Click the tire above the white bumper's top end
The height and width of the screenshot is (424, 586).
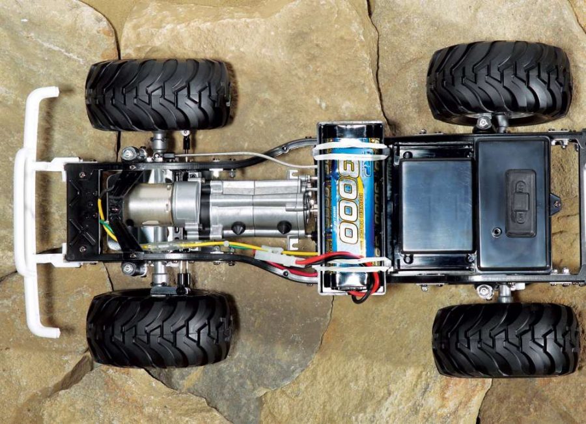point(158,95)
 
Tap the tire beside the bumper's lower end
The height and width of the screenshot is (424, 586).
point(160,328)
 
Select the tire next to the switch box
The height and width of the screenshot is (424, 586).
point(499,83)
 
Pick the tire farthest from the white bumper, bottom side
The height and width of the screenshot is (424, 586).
point(506,339)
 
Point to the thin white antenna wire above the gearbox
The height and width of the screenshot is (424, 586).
point(234,155)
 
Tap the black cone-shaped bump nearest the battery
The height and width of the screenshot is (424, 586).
point(285,227)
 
